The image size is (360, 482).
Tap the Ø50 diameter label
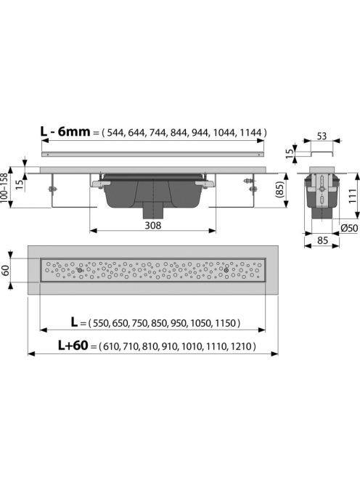[350, 228]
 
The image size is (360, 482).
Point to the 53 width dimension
[322, 136]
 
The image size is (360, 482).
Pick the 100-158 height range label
[4, 188]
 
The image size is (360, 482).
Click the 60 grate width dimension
[5, 270]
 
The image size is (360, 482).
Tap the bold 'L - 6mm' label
[65, 131]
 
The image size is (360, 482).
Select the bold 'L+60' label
[73, 346]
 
